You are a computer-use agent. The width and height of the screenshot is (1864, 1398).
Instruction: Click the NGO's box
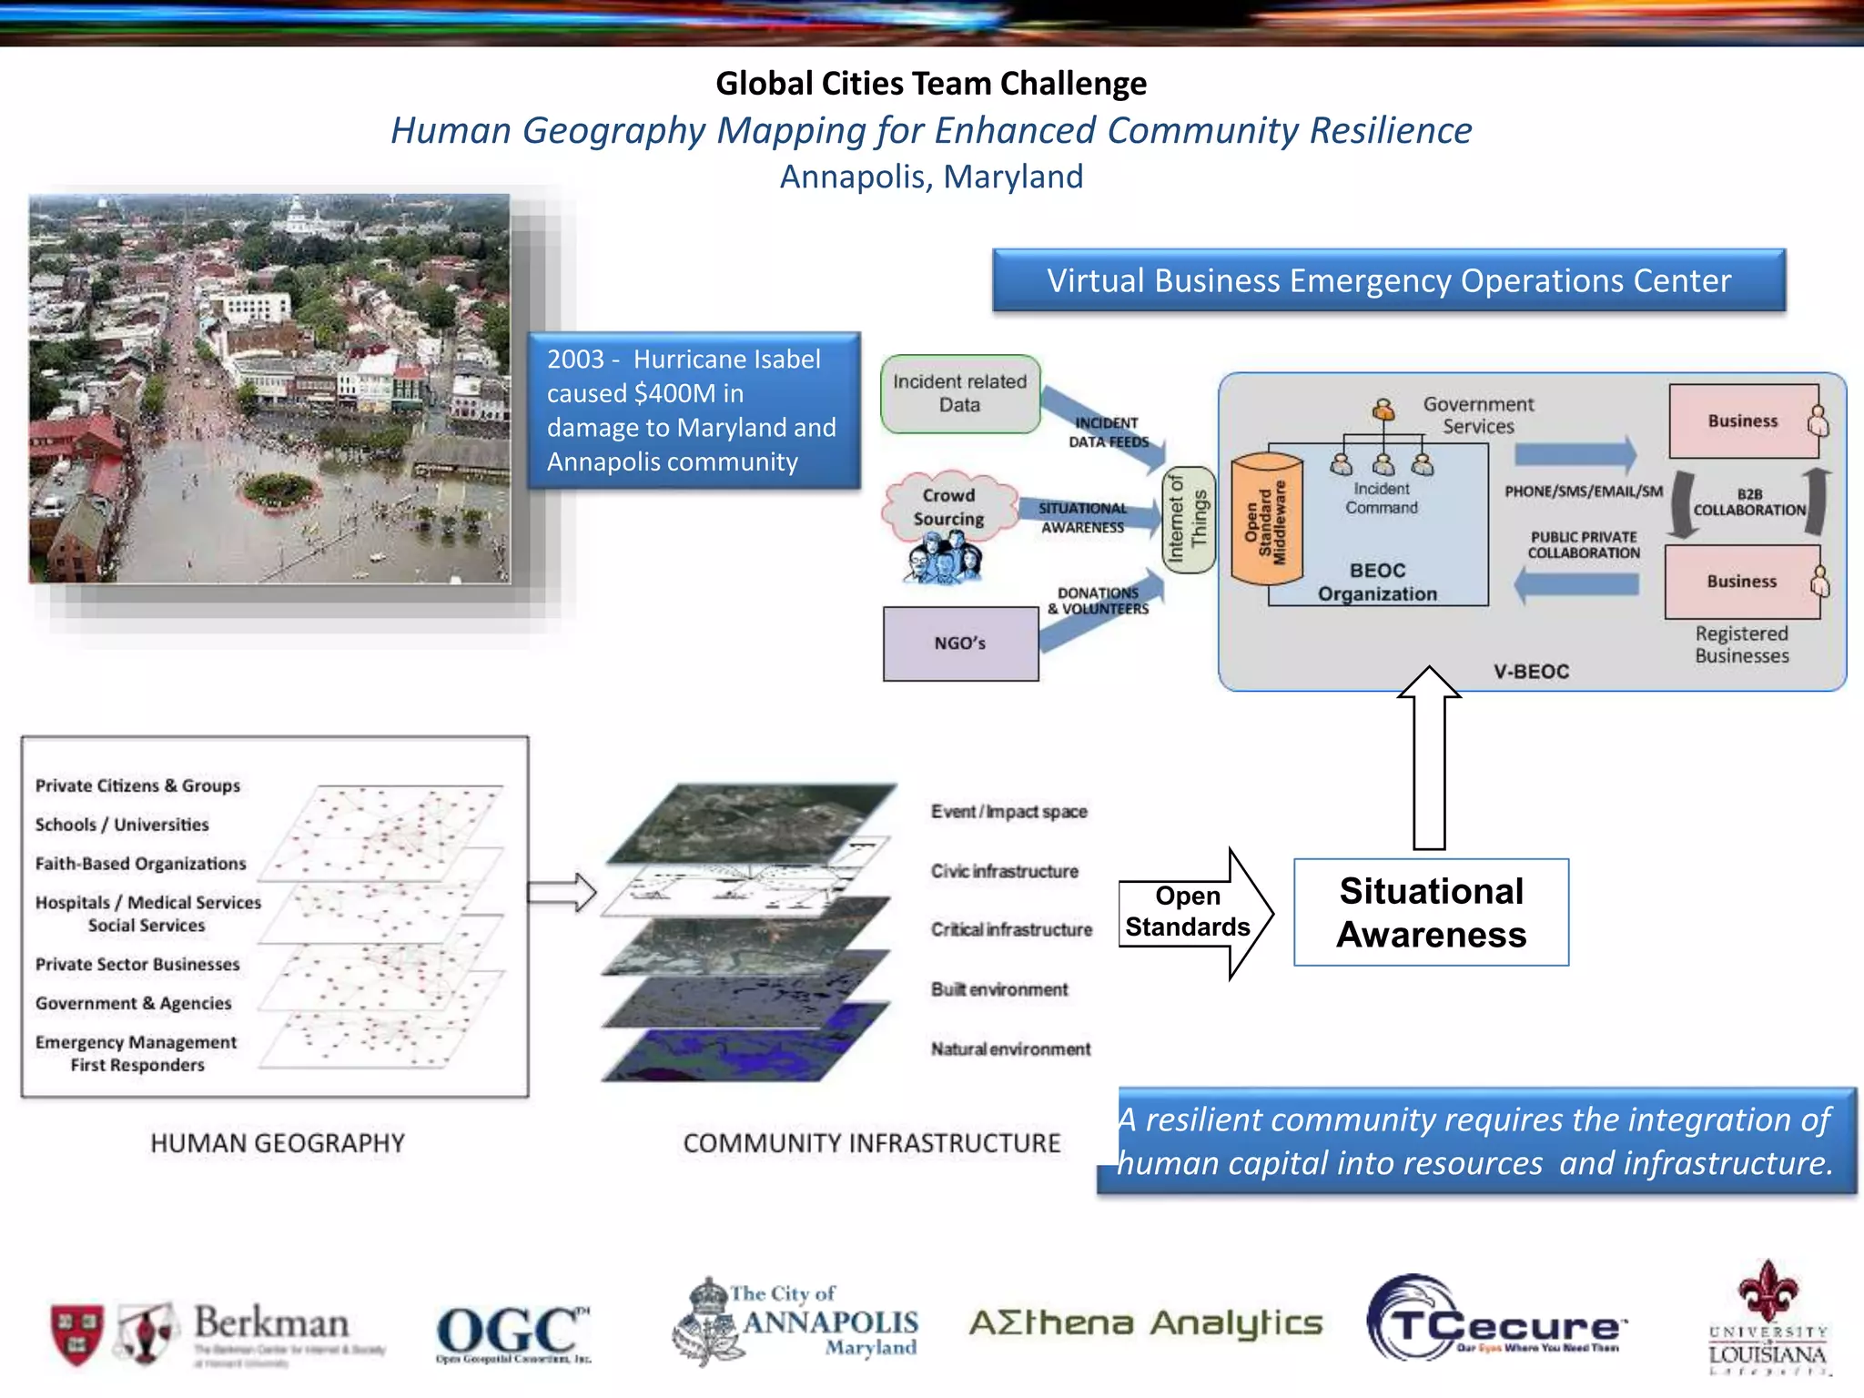point(960,643)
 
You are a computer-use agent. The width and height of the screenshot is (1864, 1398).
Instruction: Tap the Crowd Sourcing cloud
point(949,508)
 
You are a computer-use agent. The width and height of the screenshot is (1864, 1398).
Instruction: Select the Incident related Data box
point(959,393)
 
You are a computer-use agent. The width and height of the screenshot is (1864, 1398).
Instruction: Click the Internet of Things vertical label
point(1188,520)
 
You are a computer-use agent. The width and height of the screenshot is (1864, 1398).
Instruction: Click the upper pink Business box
point(1742,420)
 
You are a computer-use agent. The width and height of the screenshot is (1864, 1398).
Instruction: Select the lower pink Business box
point(1741,582)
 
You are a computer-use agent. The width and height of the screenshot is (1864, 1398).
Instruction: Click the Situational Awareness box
point(1431,912)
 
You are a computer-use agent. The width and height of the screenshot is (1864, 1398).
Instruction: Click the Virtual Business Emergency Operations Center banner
point(1388,280)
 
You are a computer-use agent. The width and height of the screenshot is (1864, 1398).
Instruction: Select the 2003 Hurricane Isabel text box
point(694,410)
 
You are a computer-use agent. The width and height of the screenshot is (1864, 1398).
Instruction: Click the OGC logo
point(512,1332)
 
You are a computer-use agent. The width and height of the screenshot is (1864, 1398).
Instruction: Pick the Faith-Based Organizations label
point(140,864)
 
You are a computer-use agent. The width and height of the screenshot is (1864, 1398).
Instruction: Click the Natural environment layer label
point(1010,1049)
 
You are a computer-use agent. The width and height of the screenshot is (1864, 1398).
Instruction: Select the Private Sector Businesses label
point(137,965)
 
